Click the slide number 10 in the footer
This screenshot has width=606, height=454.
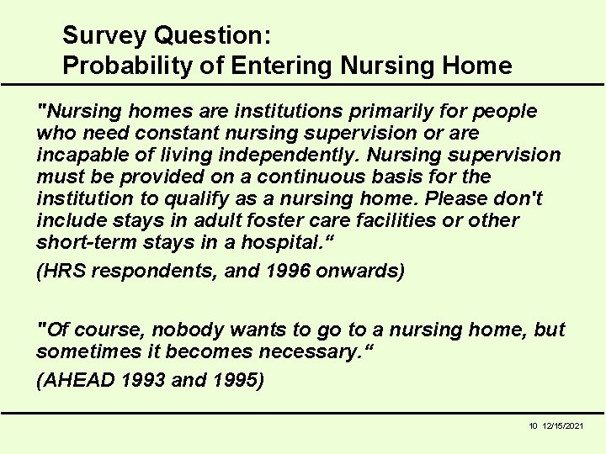coord(533,426)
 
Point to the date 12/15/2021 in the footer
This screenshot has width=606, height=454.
coord(564,426)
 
